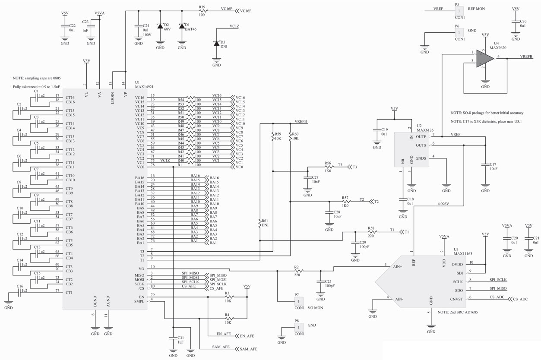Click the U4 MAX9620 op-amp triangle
coord(483,57)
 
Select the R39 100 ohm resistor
coord(202,11)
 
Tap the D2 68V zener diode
coord(160,26)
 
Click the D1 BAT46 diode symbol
coord(182,26)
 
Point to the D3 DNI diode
coord(217,43)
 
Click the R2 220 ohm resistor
coord(296,271)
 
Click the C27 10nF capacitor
coord(307,177)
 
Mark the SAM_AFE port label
coord(248,348)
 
